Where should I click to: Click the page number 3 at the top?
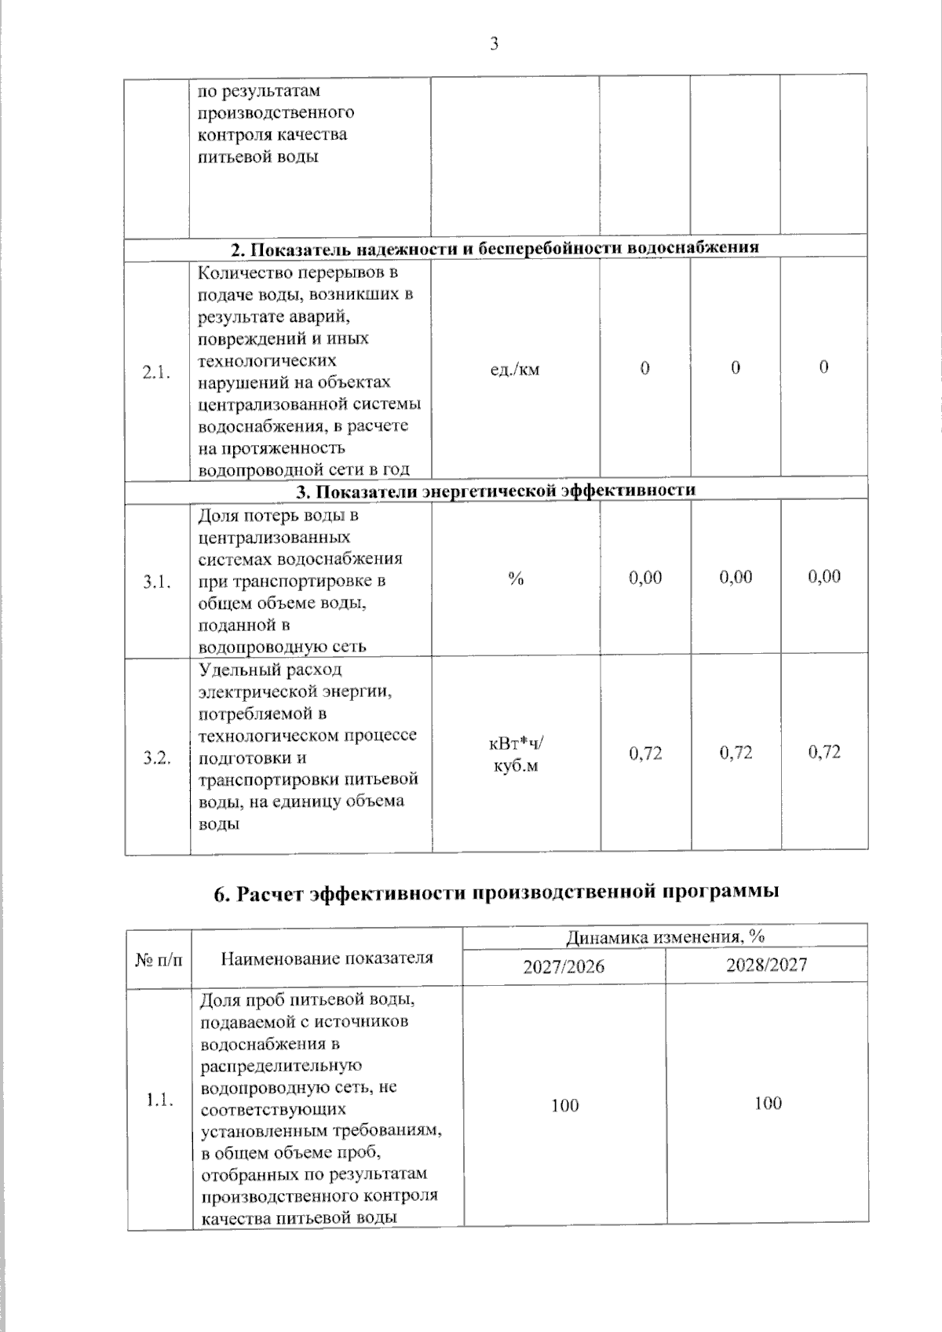click(x=494, y=44)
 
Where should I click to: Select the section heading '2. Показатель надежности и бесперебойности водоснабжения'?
click(x=495, y=248)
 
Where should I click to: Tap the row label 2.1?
click(x=156, y=372)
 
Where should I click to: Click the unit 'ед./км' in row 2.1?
click(x=515, y=369)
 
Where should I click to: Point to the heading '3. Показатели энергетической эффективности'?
click(x=495, y=491)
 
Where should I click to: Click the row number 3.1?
click(x=157, y=582)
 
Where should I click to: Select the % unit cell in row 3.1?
click(x=516, y=579)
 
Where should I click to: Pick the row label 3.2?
click(x=157, y=757)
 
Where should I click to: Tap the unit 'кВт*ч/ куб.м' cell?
click(x=516, y=754)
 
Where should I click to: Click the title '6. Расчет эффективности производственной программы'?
click(x=496, y=893)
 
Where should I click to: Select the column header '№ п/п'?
click(x=159, y=958)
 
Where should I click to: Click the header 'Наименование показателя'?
click(x=327, y=958)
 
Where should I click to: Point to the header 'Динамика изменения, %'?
click(x=665, y=936)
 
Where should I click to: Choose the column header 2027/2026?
click(x=564, y=966)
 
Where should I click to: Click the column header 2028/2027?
click(x=766, y=965)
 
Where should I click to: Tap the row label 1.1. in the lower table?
click(x=159, y=1100)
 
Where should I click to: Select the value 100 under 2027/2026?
click(x=564, y=1105)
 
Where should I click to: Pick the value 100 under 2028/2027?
click(x=768, y=1104)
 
